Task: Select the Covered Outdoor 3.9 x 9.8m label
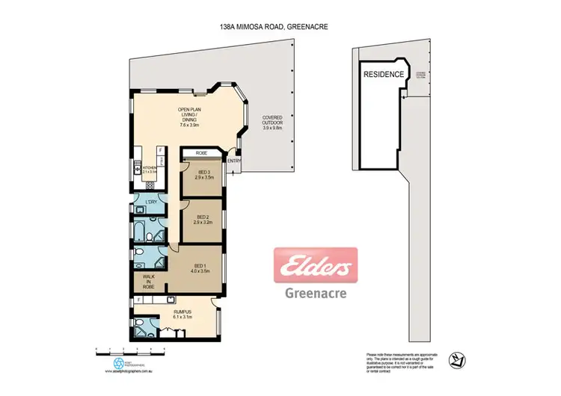click(x=276, y=123)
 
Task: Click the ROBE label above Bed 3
click(x=201, y=152)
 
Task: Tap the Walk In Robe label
click(x=148, y=281)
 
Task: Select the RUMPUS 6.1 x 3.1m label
click(x=184, y=314)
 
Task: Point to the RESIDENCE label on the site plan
click(x=384, y=75)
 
